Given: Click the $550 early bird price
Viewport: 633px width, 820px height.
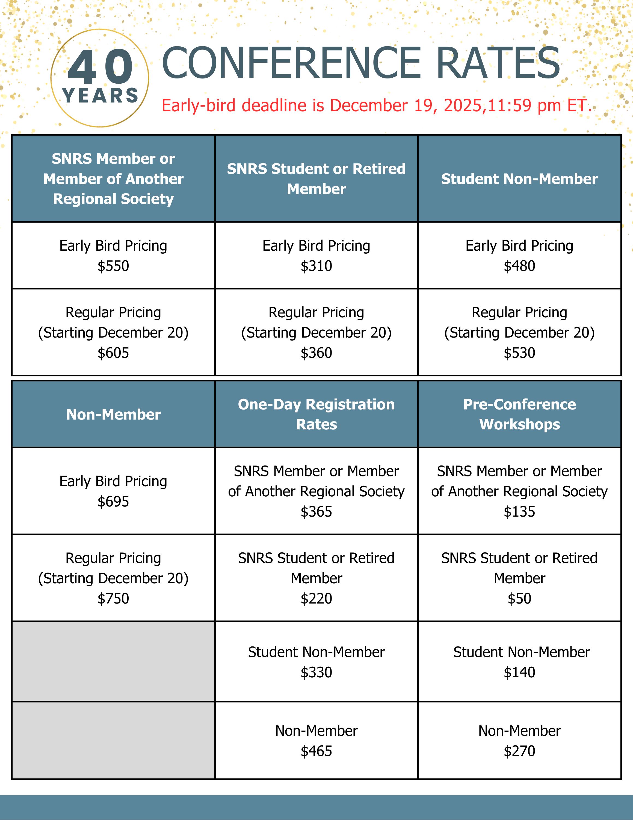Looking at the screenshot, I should coord(113,266).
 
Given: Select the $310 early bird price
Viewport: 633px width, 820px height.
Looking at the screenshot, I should coord(316,266).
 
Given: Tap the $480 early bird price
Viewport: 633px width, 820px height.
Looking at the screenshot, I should coord(519,266).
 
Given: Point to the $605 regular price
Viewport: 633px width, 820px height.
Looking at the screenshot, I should coord(113,353).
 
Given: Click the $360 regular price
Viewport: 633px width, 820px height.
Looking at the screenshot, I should coord(316,353).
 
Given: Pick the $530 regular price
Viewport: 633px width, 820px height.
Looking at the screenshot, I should coord(519,353).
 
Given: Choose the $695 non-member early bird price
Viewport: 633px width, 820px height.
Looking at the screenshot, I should coord(113,502).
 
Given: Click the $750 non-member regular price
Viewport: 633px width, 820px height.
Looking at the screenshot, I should coord(113,599).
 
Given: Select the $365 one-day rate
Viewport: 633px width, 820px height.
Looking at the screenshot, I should coord(316,512).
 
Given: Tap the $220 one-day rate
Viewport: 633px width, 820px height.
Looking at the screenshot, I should coord(316,599).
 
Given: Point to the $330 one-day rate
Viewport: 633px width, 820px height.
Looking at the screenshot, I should coord(316,672).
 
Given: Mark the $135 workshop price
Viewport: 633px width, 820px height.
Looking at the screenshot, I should coord(519,512).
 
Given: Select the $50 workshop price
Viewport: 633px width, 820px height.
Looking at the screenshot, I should coord(519,599).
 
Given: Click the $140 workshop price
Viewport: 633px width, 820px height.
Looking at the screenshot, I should coord(519,672).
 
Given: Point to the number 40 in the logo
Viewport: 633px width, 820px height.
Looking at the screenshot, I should coord(100,68).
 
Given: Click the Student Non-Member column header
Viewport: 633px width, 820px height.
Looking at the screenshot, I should coord(519,179).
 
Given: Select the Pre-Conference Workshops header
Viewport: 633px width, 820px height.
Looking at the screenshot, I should coord(519,414).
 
